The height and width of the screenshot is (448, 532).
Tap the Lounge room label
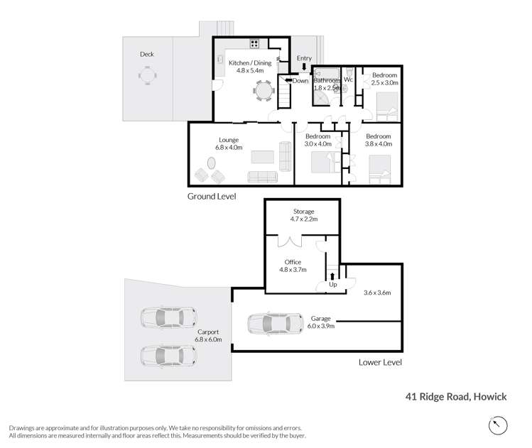coord(229,140)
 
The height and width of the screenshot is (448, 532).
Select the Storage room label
coord(303,212)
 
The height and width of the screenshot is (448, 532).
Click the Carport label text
coord(208,332)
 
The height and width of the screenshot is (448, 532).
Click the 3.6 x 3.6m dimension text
coord(376,292)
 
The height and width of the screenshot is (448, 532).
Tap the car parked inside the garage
coord(269,324)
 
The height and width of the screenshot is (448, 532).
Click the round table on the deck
coord(146,75)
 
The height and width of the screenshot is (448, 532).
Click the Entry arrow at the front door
coord(304,67)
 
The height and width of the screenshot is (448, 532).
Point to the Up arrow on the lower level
coord(332,276)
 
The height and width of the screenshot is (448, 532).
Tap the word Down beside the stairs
coord(300,81)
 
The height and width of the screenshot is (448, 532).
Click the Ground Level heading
coord(211,196)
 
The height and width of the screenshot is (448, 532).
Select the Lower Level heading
coord(381,362)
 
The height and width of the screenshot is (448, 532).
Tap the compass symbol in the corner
coord(499,425)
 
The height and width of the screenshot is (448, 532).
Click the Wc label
coord(348,80)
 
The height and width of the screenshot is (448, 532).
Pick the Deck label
coord(146,54)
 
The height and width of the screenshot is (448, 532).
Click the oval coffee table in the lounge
coord(212,163)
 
